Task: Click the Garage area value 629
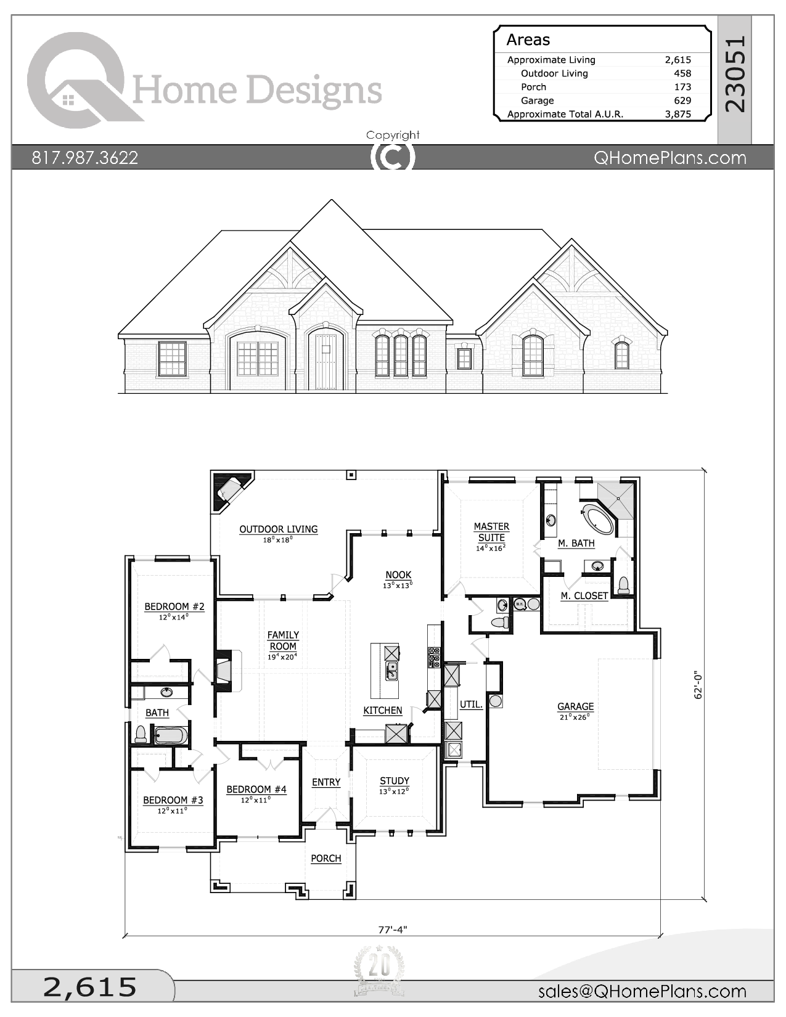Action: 682,100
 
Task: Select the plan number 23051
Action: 735,74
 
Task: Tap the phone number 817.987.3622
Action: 85,158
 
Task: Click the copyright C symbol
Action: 393,157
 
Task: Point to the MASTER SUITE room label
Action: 491,532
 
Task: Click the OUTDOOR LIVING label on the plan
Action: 278,529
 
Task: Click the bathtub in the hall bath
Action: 169,735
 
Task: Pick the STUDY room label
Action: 395,781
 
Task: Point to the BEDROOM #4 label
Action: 256,790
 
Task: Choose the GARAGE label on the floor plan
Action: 575,706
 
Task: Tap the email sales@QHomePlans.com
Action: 642,991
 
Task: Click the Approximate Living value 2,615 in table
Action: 678,60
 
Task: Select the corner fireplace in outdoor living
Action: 229,491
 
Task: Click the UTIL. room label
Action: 471,705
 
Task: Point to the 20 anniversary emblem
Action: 379,971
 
